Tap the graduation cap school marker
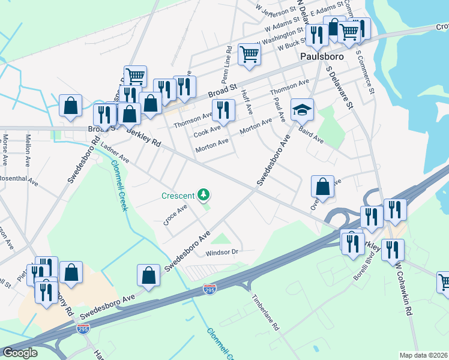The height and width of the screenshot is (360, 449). click(303, 110)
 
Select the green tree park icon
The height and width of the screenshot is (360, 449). click(204, 194)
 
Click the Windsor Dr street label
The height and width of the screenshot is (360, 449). click(222, 252)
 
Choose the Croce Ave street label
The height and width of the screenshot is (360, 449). click(175, 215)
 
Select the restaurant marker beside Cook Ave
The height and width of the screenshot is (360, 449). click(223, 110)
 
